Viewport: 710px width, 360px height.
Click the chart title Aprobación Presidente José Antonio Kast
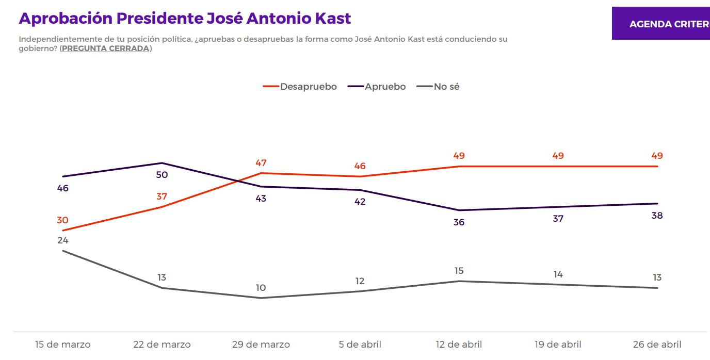pyautogui.click(x=185, y=19)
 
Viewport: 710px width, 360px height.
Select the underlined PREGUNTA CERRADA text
pyautogui.click(x=106, y=48)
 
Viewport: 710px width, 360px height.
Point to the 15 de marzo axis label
pyautogui.click(x=63, y=345)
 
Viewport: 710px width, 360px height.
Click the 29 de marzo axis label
pyautogui.click(x=261, y=345)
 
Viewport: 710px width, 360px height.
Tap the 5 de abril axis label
pyautogui.click(x=360, y=345)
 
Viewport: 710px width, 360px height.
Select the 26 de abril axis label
pyautogui.click(x=657, y=345)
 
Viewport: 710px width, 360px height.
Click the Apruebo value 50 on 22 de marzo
pyautogui.click(x=162, y=175)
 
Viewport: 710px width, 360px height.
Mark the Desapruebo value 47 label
pyautogui.click(x=261, y=163)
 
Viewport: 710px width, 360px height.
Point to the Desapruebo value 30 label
pyautogui.click(x=62, y=220)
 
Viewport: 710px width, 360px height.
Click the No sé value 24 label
pyautogui.click(x=62, y=240)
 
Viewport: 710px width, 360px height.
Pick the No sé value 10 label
pyautogui.click(x=261, y=288)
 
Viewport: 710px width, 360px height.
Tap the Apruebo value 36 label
pyautogui.click(x=459, y=222)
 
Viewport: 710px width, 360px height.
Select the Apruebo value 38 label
pyautogui.click(x=657, y=216)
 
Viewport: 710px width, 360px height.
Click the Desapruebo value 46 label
pyautogui.click(x=360, y=166)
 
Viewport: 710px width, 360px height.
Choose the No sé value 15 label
pyautogui.click(x=459, y=271)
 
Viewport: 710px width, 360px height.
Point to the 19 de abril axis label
pyautogui.click(x=558, y=345)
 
